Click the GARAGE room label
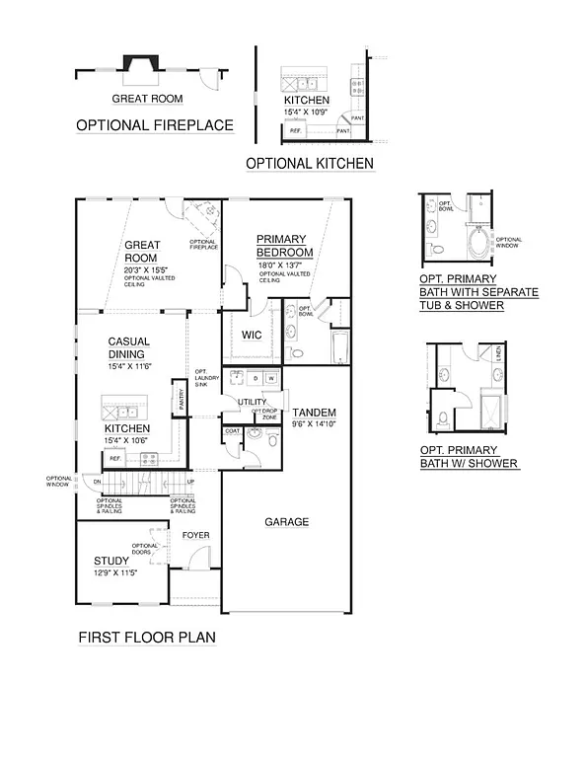click(x=286, y=522)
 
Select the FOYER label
click(x=194, y=535)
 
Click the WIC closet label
click(x=252, y=335)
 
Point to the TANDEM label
click(x=314, y=413)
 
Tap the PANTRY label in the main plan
click(x=181, y=399)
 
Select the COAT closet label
click(x=233, y=430)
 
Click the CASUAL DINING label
click(x=127, y=347)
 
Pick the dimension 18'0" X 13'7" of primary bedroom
click(x=284, y=265)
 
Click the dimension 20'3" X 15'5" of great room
click(x=148, y=268)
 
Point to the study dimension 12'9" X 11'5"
click(x=114, y=572)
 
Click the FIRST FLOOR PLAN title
click(x=147, y=638)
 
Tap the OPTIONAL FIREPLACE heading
click(x=155, y=125)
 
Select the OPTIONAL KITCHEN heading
click(x=310, y=163)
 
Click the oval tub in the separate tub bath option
click(x=478, y=242)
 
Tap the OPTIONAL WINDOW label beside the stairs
click(x=58, y=482)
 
